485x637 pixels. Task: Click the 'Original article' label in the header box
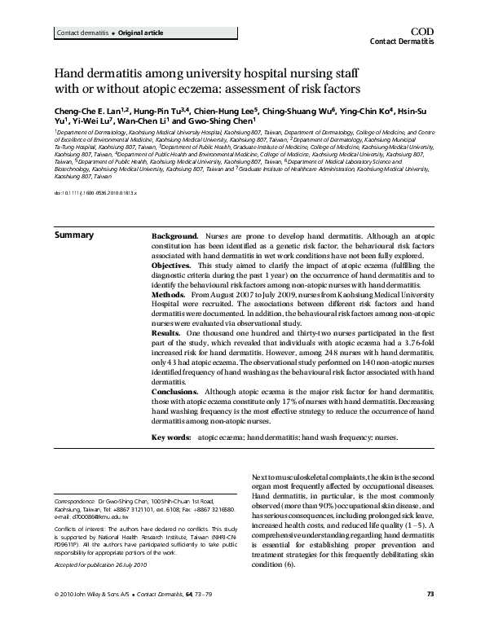click(118, 33)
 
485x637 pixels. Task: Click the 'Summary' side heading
click(73, 235)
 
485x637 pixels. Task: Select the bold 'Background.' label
click(174, 235)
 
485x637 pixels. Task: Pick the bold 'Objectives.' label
click(173, 266)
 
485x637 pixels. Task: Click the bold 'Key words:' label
click(170, 437)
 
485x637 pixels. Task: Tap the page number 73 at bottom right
click(430, 617)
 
